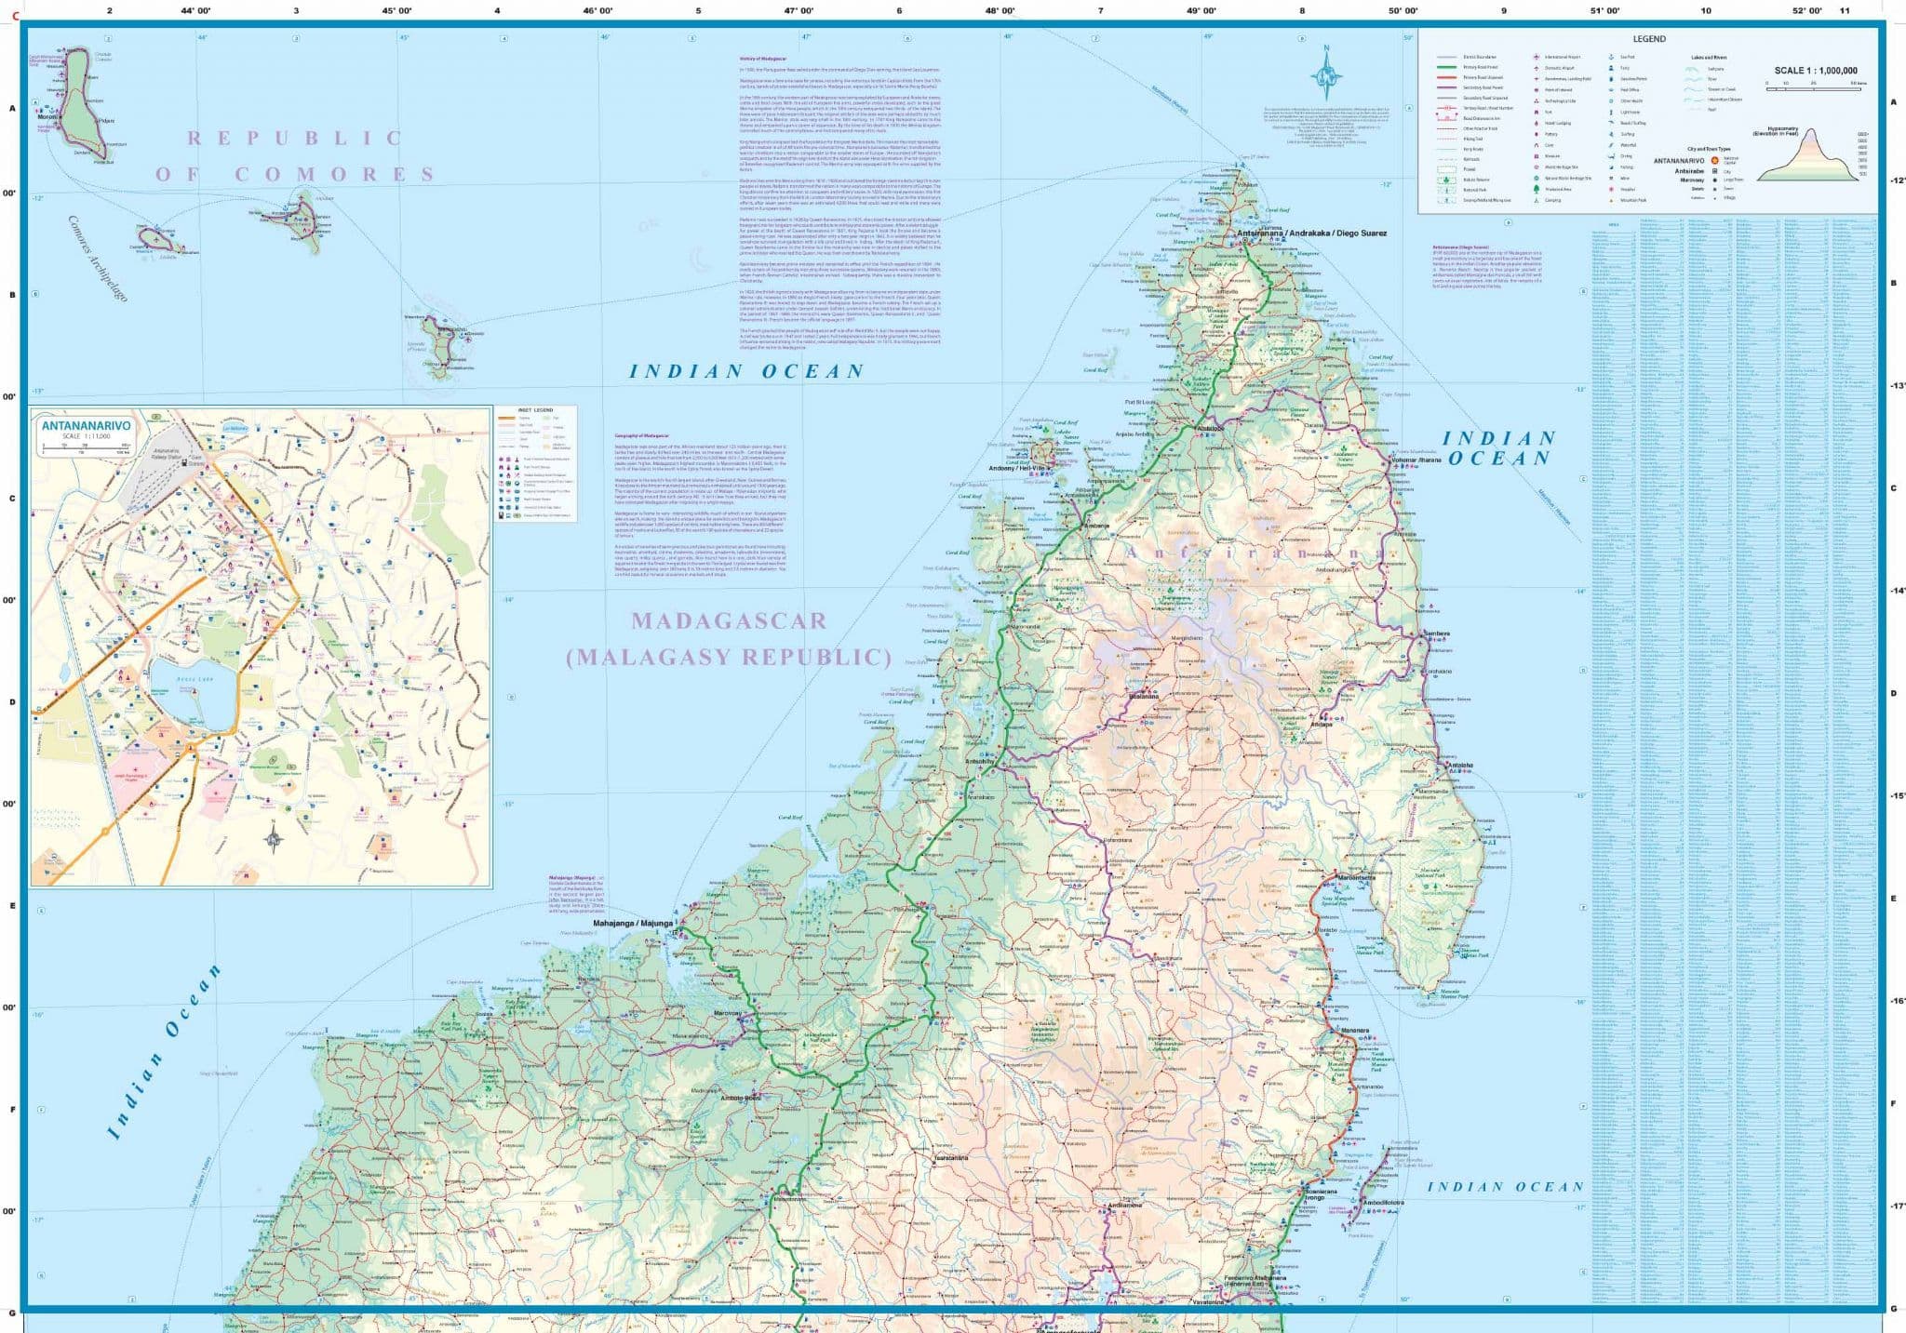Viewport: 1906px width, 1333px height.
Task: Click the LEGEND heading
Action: pos(1648,39)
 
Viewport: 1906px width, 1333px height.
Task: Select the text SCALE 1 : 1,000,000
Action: pos(1815,71)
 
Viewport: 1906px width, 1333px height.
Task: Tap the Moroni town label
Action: pos(47,118)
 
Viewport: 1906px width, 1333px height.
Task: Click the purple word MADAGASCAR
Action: pos(729,620)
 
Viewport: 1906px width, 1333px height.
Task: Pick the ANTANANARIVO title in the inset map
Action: pos(86,426)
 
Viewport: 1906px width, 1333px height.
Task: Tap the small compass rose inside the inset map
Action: pos(274,840)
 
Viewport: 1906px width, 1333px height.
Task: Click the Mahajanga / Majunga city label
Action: pos(632,923)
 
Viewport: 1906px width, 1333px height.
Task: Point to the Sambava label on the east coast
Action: pos(1437,633)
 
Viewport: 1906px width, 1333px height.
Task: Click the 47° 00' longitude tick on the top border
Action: pos(799,10)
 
